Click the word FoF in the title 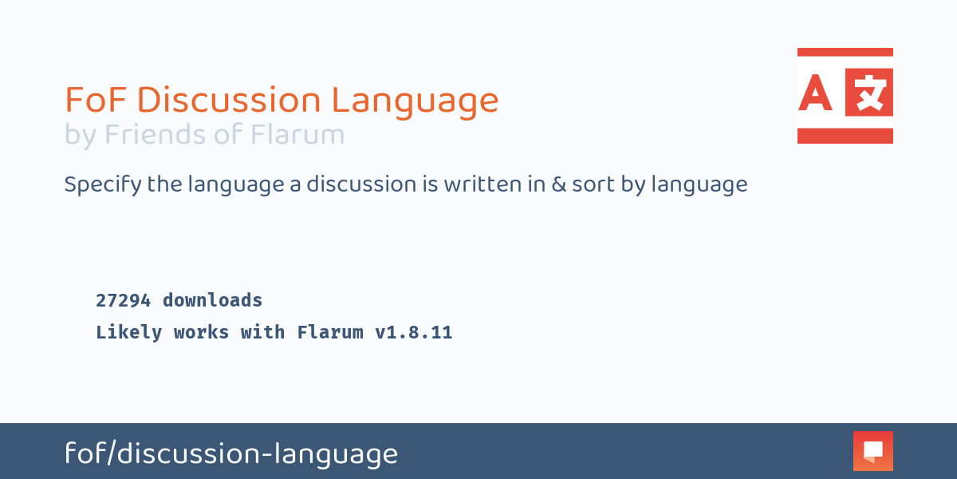(95, 100)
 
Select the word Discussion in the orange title (229, 100)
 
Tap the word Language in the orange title (415, 102)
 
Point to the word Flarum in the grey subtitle (297, 134)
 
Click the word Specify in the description (103, 184)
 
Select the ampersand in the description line (559, 184)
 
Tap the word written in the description (494, 184)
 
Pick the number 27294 (123, 301)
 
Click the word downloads (212, 300)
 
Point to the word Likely (128, 333)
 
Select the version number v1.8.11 (414, 332)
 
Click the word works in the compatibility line (201, 332)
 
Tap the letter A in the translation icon (815, 93)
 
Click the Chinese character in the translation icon (869, 93)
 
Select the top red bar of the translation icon (845, 52)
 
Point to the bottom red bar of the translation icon (845, 136)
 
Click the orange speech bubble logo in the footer (873, 451)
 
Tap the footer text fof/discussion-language (231, 453)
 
